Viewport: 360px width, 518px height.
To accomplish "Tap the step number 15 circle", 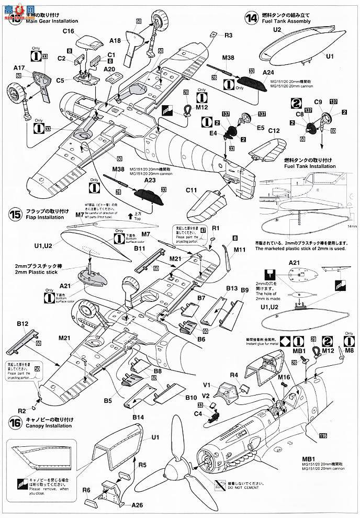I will [15, 214].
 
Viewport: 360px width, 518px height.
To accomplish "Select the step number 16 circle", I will [15, 421].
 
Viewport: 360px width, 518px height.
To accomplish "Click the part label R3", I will [229, 36].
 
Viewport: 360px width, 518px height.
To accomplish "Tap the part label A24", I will [268, 72].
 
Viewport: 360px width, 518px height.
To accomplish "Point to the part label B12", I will [22, 325].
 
